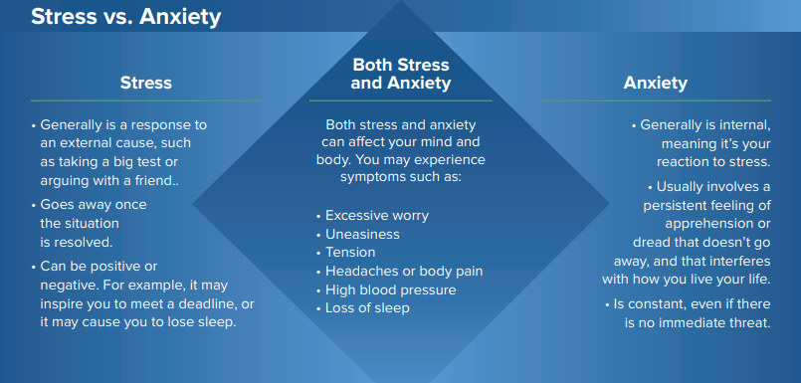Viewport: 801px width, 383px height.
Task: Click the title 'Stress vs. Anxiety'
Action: pyautogui.click(x=125, y=17)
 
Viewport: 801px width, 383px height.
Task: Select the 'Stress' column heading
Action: pyautogui.click(x=145, y=83)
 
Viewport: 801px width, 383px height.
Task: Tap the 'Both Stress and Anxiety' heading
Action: pyautogui.click(x=400, y=75)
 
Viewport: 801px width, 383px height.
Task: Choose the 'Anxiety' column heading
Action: pyautogui.click(x=655, y=83)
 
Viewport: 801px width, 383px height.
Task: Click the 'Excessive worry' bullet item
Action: pyautogui.click(x=377, y=215)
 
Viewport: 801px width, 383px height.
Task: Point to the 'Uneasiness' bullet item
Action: pyautogui.click(x=362, y=234)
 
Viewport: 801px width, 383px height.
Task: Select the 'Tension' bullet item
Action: pyautogui.click(x=350, y=253)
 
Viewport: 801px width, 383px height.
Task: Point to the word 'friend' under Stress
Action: pyautogui.click(x=152, y=180)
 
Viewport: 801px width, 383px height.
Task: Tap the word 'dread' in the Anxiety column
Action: pyautogui.click(x=653, y=242)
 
